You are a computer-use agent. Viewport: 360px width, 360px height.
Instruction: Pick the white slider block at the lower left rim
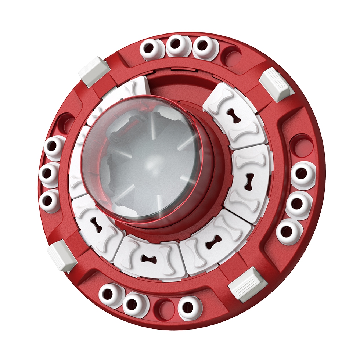62,255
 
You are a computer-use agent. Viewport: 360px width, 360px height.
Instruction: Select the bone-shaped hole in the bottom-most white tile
148,260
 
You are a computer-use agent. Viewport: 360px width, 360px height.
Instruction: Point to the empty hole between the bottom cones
164,307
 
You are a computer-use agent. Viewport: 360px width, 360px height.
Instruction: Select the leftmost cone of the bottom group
109,294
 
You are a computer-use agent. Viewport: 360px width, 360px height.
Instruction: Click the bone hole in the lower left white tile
97,226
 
